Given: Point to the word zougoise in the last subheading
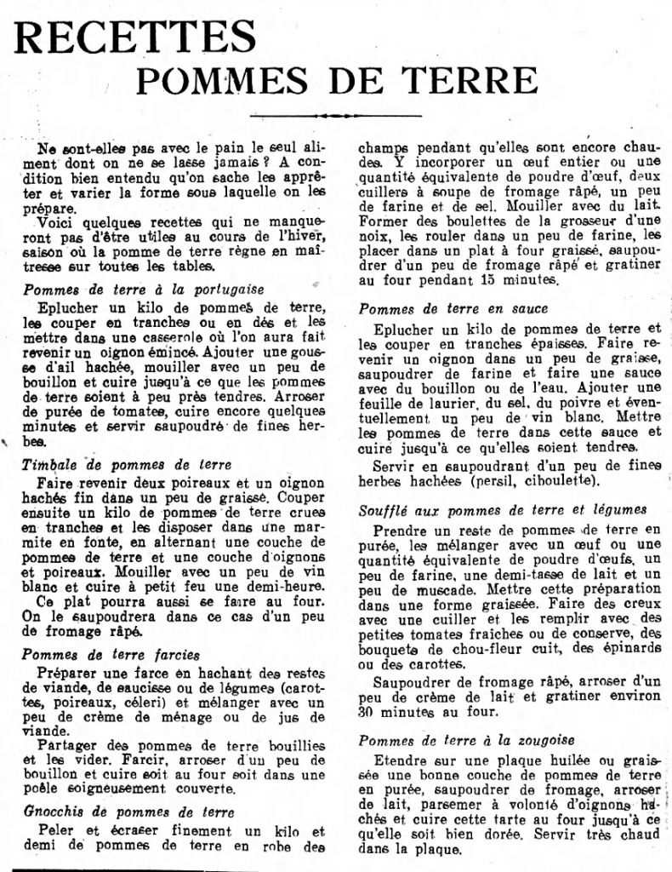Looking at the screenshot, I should tap(542, 740).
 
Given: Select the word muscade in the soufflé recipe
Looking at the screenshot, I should tap(426, 588).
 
